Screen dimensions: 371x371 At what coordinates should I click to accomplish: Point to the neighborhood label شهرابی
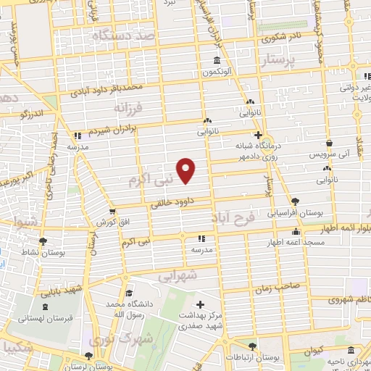click(x=178, y=276)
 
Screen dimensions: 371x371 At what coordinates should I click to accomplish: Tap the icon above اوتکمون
click(x=217, y=61)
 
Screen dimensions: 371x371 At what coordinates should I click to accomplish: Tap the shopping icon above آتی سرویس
click(x=330, y=143)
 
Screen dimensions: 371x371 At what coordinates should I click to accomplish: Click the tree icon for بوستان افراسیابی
click(x=294, y=201)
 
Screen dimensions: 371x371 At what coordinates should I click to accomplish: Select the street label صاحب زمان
click(x=272, y=288)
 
